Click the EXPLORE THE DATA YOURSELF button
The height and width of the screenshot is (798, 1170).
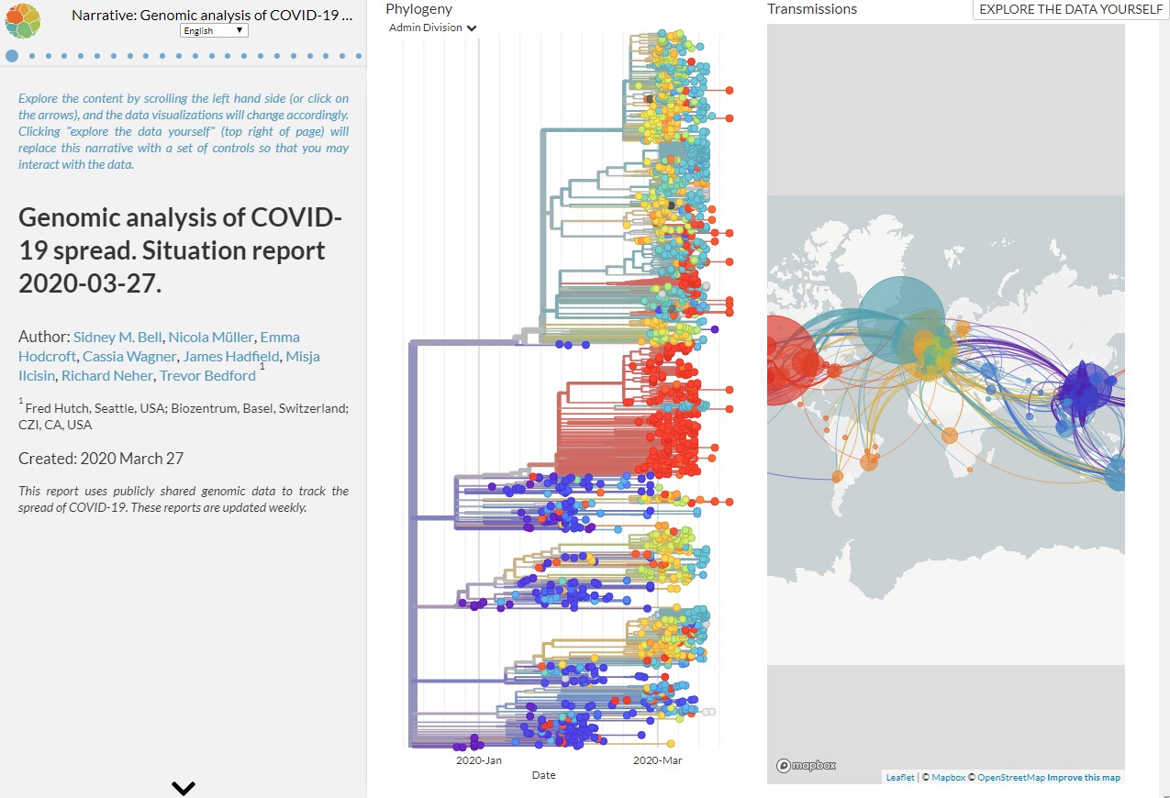1071,9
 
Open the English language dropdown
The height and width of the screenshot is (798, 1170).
214,30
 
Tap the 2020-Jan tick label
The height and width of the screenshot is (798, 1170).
479,760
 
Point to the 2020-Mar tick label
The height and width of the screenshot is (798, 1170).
659,760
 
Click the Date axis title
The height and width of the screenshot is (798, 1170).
543,775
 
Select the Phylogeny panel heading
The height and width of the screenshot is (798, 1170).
418,8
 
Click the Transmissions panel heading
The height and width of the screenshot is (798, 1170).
812,9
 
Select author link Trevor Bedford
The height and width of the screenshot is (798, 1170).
207,375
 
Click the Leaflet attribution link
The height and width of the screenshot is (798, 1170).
899,778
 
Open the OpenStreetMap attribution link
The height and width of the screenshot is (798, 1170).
1010,778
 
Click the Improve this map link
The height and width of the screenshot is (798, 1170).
1084,778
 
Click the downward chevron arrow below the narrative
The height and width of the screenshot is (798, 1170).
184,787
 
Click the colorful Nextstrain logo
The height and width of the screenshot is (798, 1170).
23,19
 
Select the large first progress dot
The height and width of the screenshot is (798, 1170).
12,56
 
